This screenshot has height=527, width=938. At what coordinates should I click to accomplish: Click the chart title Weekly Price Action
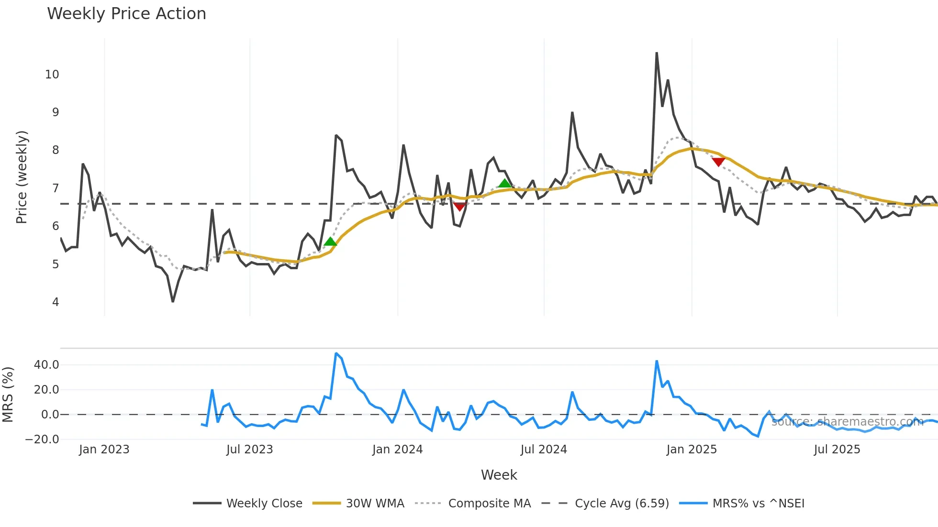pos(126,14)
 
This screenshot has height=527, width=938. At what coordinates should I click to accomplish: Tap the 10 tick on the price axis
pos(52,75)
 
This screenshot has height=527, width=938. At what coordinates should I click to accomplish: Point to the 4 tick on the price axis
pos(56,302)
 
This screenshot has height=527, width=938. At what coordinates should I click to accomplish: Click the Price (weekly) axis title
pos(22,177)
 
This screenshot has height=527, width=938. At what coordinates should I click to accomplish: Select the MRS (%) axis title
pos(8,394)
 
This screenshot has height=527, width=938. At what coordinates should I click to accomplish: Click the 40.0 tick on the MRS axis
pos(46,365)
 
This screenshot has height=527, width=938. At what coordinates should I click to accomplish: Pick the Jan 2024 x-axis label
pos(397,450)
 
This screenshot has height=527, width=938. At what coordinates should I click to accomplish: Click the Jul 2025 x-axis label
pos(837,450)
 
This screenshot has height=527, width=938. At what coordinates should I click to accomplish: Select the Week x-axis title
pos(499,475)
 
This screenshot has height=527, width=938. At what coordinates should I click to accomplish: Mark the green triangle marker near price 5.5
pos(330,242)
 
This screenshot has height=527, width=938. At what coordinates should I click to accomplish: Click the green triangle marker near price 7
pos(505,184)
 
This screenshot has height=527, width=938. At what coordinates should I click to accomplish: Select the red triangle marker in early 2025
pos(718,162)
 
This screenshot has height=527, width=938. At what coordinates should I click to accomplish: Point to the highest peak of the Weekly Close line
pos(657,53)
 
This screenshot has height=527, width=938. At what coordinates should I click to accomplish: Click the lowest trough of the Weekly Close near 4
pos(173,301)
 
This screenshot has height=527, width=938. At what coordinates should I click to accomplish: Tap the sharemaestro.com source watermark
pos(847,422)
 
